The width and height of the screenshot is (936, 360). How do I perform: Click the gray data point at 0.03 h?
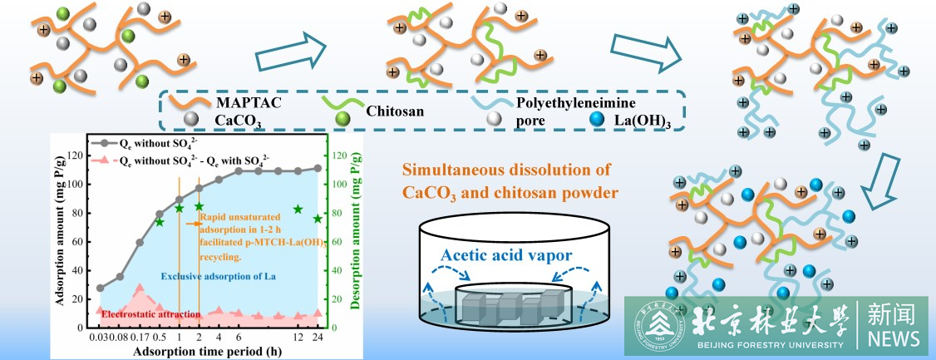(101, 288)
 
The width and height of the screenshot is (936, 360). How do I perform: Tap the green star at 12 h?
(298, 210)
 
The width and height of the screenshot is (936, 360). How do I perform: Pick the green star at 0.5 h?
(160, 222)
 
